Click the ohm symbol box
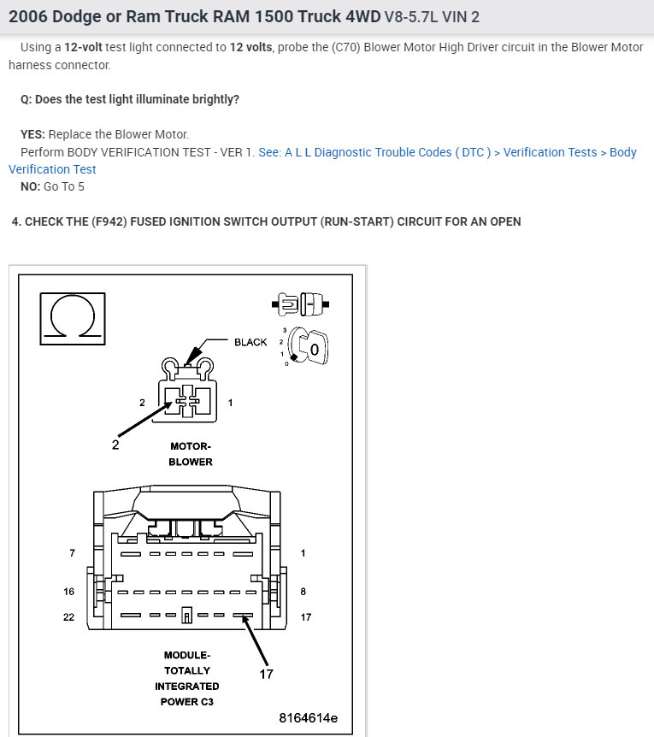[73, 319]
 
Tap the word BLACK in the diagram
[250, 342]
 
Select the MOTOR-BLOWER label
[191, 454]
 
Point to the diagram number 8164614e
[308, 717]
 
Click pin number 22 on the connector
[68, 616]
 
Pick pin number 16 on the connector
[68, 591]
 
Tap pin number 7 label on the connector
[72, 553]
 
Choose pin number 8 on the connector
[303, 591]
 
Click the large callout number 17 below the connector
[266, 674]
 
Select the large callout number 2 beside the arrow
[115, 444]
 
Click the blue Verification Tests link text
[550, 152]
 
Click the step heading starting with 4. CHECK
[266, 221]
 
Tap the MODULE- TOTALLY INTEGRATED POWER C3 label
[187, 678]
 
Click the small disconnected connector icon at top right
[298, 303]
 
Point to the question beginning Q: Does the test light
[130, 99]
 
